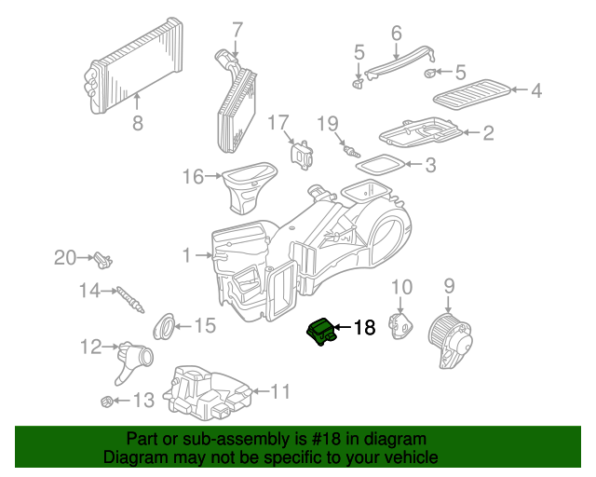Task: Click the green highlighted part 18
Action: click(321, 331)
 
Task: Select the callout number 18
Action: click(363, 328)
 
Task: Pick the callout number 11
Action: click(280, 391)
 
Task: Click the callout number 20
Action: click(65, 258)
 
